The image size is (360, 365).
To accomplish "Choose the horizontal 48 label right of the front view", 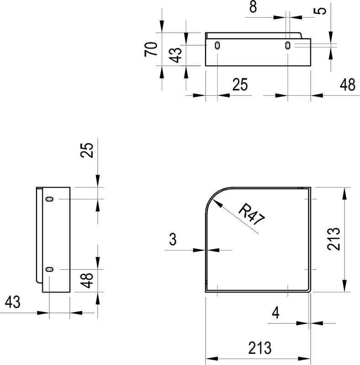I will coord(347,85).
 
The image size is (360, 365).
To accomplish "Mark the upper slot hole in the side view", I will coord(49,199).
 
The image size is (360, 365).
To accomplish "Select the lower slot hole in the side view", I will coord(49,270).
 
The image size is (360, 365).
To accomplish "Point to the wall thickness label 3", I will coord(172,239).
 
